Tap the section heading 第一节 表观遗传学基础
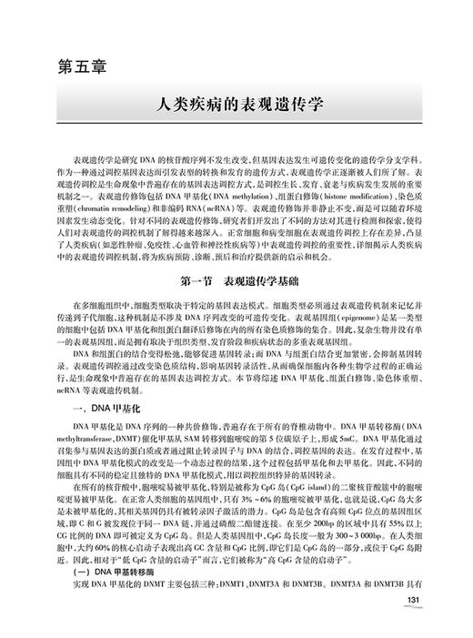pos(236,254)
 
